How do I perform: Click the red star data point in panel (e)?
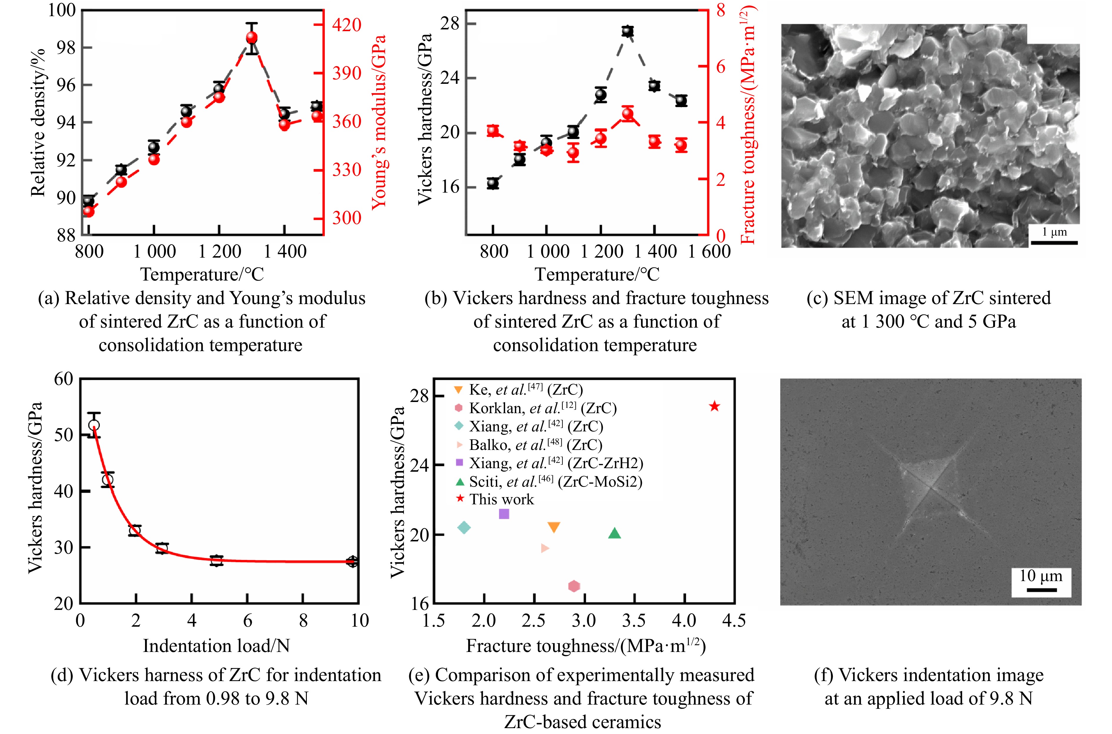click(x=714, y=406)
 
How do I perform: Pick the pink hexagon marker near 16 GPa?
click(x=574, y=586)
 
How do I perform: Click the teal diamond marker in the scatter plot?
click(x=464, y=528)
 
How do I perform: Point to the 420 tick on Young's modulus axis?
click(x=347, y=25)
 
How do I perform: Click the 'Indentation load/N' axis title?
click(x=216, y=646)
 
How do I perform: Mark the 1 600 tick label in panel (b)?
click(x=709, y=252)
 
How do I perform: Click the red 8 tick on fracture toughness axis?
click(x=720, y=10)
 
